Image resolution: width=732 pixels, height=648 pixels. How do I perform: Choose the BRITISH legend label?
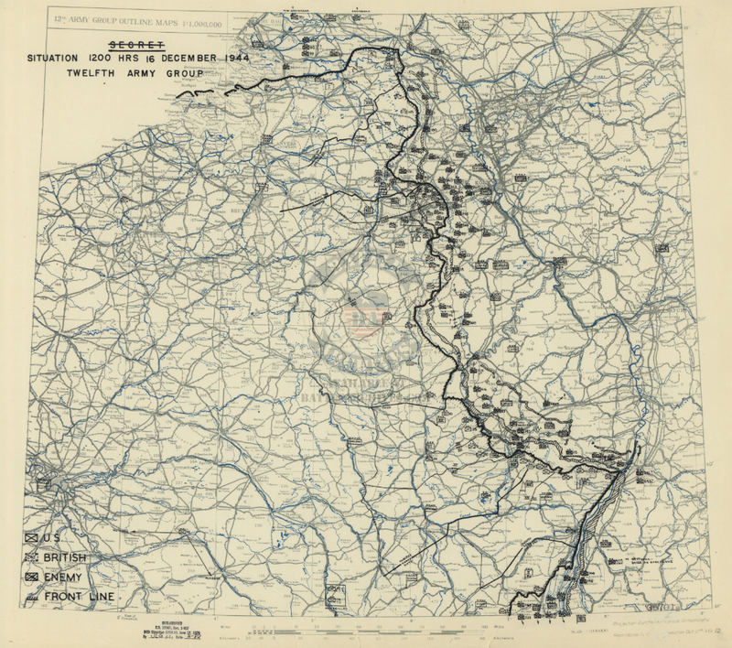[72, 557]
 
